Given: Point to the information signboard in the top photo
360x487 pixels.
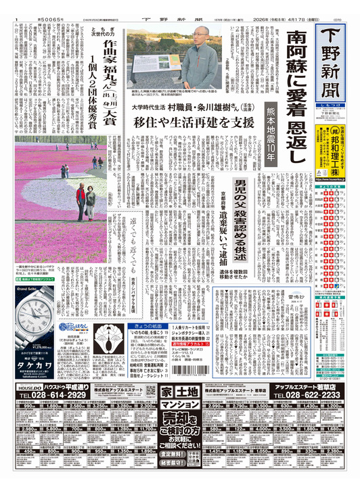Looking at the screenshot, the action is coord(153,53).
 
